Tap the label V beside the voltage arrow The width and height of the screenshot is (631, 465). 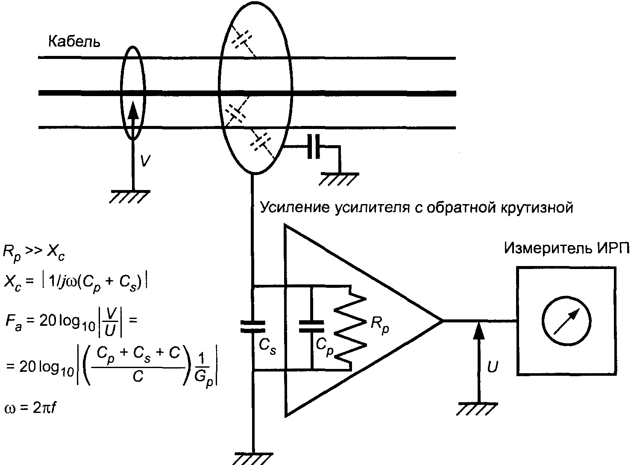pyautogui.click(x=145, y=161)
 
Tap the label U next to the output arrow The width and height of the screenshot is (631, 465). pyautogui.click(x=492, y=367)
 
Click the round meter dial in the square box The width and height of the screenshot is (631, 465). pyautogui.click(x=566, y=321)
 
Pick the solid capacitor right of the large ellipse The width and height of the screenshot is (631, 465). pyautogui.click(x=314, y=147)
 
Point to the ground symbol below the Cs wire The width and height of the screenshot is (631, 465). pyautogui.click(x=254, y=458)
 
